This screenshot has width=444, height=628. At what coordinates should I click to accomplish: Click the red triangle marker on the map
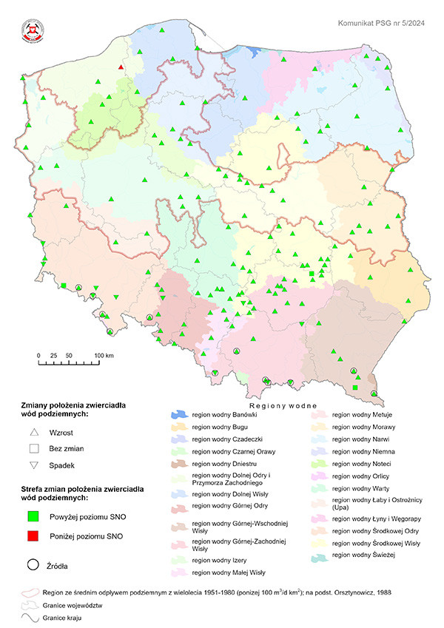[121, 67]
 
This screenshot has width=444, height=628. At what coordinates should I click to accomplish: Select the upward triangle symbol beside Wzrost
[33, 433]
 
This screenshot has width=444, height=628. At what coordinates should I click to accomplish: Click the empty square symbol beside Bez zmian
[33, 449]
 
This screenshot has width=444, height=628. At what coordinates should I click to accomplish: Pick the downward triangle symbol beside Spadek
[33, 465]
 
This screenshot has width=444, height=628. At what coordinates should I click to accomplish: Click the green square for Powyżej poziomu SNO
[33, 517]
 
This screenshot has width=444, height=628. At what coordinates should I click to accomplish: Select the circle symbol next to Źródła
[33, 565]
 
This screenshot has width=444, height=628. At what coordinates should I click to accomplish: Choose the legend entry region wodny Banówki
[219, 416]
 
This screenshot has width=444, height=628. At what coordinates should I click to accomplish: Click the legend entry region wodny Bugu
[215, 428]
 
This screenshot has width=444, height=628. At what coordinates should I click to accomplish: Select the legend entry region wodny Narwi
[356, 439]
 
